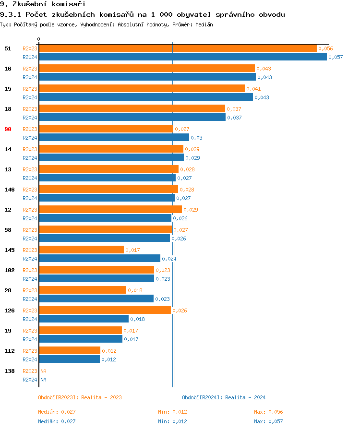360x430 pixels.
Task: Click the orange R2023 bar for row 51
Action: click(178, 48)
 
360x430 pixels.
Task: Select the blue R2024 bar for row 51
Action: click(183, 57)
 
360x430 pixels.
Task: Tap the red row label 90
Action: click(8, 129)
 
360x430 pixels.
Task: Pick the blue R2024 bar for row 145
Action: click(100, 259)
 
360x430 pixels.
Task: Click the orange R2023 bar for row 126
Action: click(105, 311)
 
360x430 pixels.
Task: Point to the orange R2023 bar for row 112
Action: click(70, 351)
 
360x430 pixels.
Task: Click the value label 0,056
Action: click(325, 48)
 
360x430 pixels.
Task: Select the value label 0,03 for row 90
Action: click(196, 138)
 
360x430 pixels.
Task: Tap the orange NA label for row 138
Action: click(43, 371)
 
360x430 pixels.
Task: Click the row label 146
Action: click(9, 190)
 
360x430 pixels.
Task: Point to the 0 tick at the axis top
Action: click(39, 39)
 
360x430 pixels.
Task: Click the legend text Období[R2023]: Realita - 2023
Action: click(80, 397)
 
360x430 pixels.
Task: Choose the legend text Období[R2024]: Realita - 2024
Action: click(224, 397)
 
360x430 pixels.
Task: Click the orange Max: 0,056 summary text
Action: click(268, 412)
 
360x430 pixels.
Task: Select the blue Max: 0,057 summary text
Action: click(268, 421)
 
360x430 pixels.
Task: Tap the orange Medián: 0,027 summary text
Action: click(57, 412)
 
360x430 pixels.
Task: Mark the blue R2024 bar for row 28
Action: click(96, 299)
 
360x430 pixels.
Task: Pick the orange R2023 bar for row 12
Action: click(110, 210)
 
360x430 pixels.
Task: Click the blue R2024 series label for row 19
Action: click(30, 339)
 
